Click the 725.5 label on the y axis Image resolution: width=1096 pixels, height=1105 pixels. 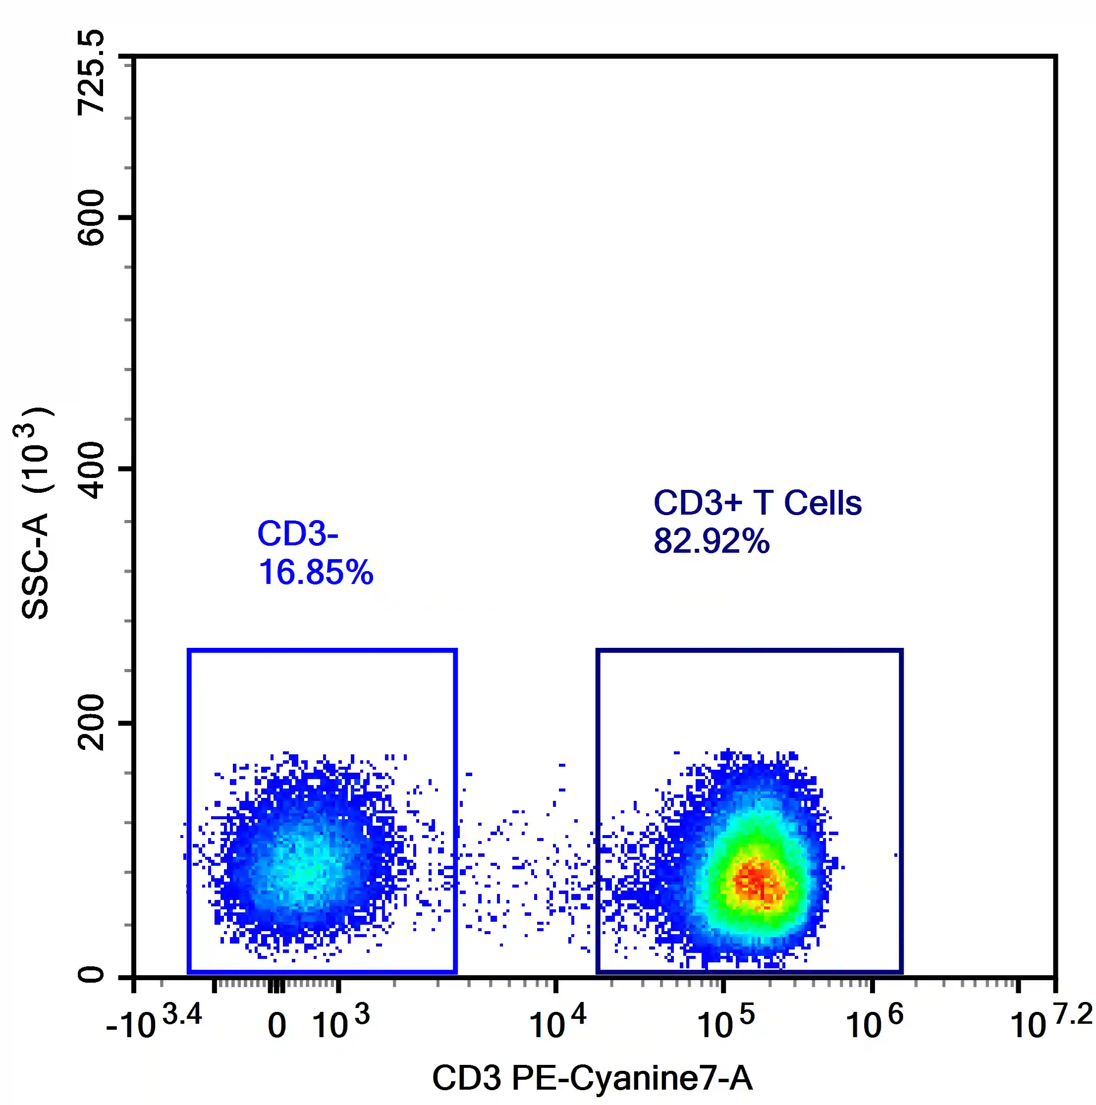pos(92,73)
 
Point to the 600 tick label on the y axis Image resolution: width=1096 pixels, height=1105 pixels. pos(92,218)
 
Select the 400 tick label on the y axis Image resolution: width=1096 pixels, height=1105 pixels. pos(92,470)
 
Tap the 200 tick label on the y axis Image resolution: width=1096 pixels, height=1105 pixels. pos(92,723)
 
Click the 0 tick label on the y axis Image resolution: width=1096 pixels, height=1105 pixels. pos(92,975)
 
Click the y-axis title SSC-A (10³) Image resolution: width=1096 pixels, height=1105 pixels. pos(34,513)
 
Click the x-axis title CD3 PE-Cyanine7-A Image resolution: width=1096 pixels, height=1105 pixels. pos(592,1078)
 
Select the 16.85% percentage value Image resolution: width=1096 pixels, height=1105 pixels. pos(316,572)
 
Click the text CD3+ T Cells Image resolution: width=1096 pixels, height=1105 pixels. pos(758,503)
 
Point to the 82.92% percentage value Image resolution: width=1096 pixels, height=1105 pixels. pos(712,540)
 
